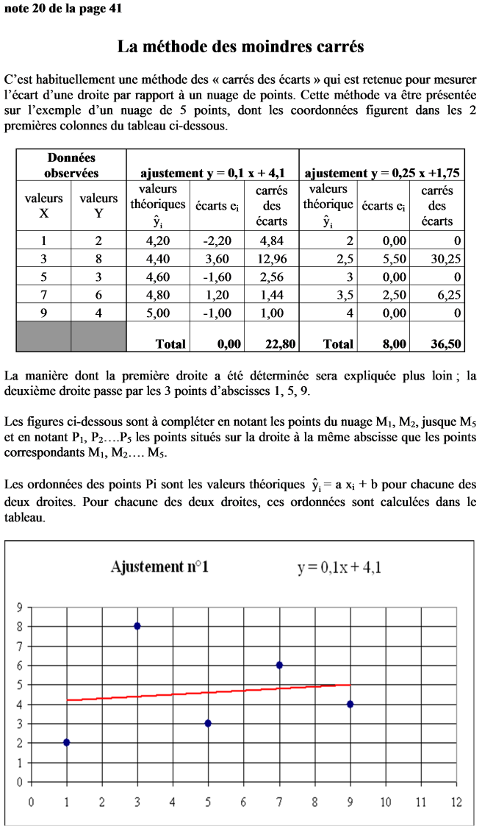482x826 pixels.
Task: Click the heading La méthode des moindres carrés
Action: tap(241, 47)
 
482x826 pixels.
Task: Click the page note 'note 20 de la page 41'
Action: tap(62, 8)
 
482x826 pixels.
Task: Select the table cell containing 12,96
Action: tap(273, 259)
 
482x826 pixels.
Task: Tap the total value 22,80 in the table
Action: tap(271, 343)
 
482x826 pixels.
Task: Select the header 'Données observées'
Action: tap(71, 165)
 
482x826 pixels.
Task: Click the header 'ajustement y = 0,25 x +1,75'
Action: tap(382, 174)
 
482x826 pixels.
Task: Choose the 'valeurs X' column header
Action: tap(44, 206)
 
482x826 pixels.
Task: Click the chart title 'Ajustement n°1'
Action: tap(159, 567)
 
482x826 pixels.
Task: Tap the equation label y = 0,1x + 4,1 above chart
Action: tap(339, 567)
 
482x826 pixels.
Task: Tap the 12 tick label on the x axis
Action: tap(456, 801)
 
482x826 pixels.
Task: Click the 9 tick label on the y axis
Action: tap(20, 608)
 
